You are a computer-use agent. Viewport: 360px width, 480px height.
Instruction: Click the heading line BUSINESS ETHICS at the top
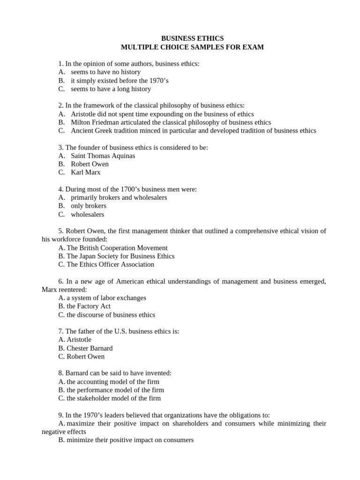(x=192, y=38)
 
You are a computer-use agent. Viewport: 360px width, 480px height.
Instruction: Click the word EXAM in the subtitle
(x=253, y=47)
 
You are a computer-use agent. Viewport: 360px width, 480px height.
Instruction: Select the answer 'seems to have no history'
(x=105, y=72)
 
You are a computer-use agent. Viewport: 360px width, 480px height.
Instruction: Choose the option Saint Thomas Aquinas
(x=103, y=156)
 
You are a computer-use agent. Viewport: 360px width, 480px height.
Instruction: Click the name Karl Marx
(x=85, y=172)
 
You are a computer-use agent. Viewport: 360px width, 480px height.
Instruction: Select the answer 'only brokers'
(x=88, y=206)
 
